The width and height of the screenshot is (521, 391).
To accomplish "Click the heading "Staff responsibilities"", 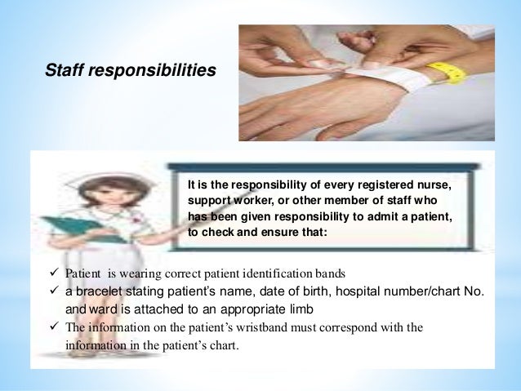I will tap(131, 71).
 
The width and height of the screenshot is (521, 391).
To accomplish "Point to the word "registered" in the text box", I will tap(372, 185).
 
